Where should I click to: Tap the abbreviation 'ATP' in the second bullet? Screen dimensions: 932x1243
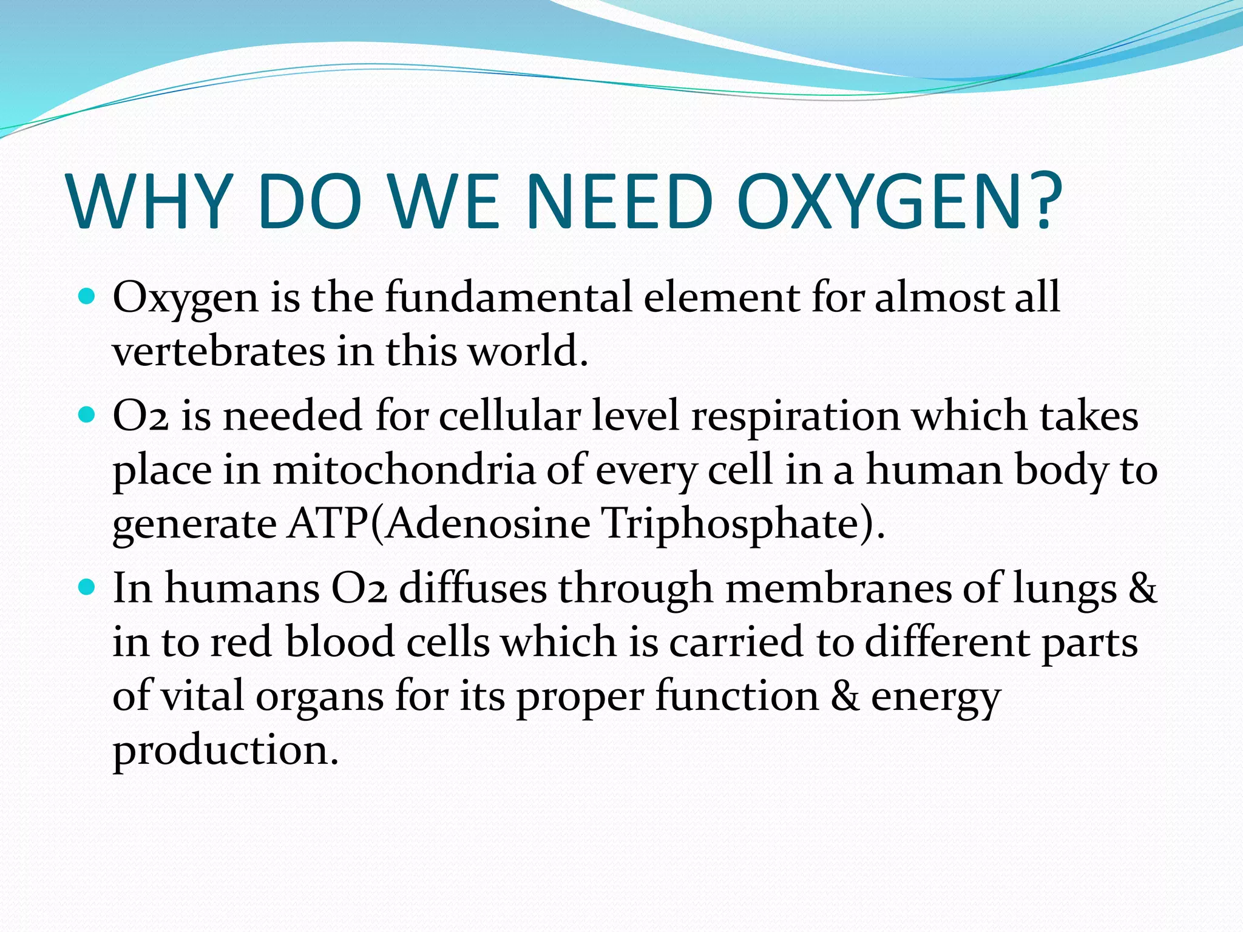point(327,523)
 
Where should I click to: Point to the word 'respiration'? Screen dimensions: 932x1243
point(796,417)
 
